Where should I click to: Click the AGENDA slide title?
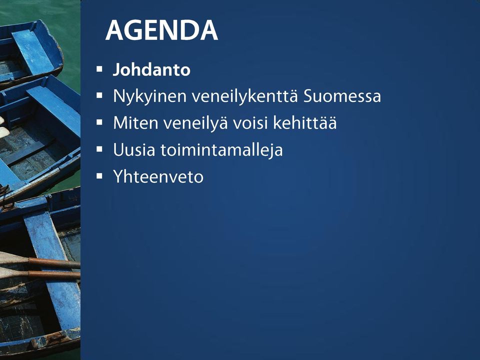[x=161, y=30]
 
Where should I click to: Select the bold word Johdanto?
[x=151, y=69]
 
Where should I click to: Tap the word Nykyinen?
[x=149, y=96]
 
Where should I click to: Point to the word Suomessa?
[x=342, y=96]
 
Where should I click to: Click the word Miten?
[x=135, y=123]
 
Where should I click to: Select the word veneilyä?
[x=195, y=123]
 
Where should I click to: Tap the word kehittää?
[x=305, y=123]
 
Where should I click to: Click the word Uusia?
[x=134, y=150]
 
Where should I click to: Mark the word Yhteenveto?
[x=158, y=176]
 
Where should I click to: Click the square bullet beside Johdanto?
[x=99, y=69]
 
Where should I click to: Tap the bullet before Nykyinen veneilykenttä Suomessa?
[x=99, y=96]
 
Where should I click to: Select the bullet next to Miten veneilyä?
[x=99, y=122]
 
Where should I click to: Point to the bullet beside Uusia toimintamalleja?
[x=99, y=149]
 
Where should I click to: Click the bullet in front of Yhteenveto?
[x=99, y=176]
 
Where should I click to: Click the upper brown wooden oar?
[x=40, y=261]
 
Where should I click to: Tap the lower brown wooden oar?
[x=40, y=273]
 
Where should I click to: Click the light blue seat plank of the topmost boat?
[x=33, y=51]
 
